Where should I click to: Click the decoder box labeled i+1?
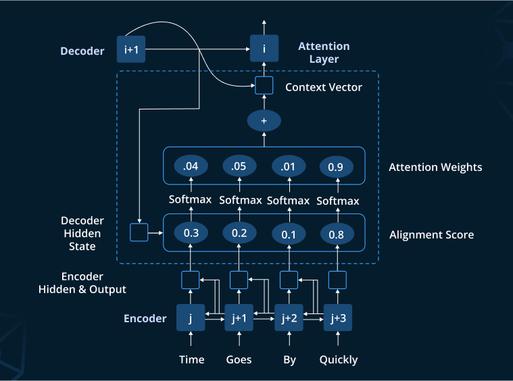[132, 49]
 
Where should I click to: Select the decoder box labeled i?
[264, 49]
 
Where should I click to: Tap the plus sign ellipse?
[264, 121]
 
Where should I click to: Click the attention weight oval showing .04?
[191, 166]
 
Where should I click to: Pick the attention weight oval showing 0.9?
[337, 166]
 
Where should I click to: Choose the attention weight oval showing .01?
[289, 166]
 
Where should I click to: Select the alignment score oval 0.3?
[191, 233]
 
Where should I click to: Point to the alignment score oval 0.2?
[239, 233]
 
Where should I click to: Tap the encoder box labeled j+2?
[289, 318]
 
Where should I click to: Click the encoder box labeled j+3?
[337, 318]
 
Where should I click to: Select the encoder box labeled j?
[191, 318]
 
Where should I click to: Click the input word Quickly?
[338, 359]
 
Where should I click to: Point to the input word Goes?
[239, 359]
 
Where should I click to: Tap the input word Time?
[191, 359]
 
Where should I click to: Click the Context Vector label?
[323, 87]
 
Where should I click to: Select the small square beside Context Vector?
[264, 86]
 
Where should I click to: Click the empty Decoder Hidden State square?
[139, 233]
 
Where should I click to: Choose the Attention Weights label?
[435, 167]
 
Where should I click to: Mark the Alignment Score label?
[431, 235]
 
